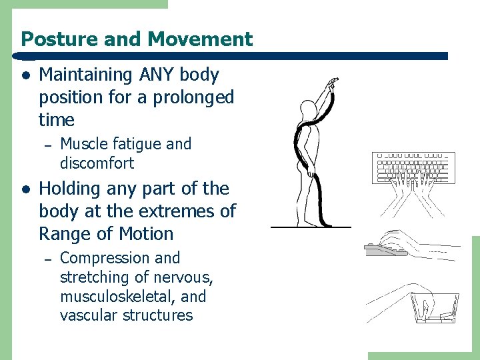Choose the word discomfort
[x=97, y=163]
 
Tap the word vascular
[x=87, y=315]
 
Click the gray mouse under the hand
[x=385, y=251]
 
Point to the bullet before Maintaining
[x=25, y=75]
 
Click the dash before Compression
[x=47, y=259]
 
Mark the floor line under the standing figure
[x=311, y=227]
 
